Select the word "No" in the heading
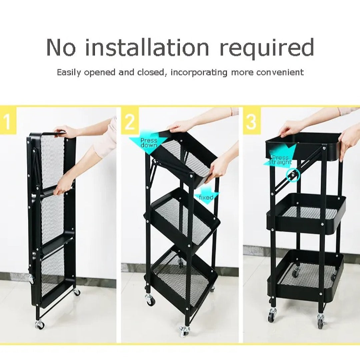tap(61, 48)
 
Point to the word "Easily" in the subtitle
tap(69, 73)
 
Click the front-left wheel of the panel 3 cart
tap(273, 315)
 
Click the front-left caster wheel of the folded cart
tap(39, 324)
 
